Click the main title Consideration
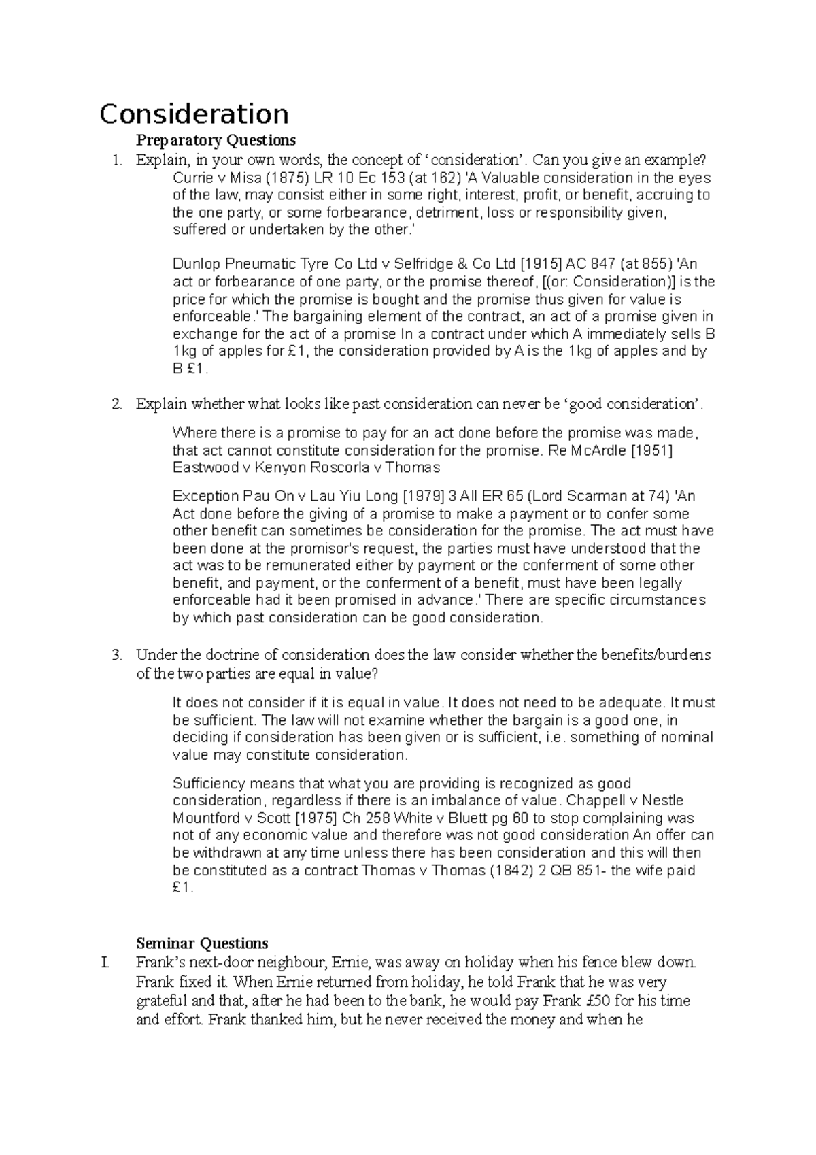pyautogui.click(x=194, y=114)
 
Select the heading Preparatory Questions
pyautogui.click(x=216, y=140)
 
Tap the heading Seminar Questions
pyautogui.click(x=202, y=943)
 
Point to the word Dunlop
pyautogui.click(x=194, y=265)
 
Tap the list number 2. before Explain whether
pyautogui.click(x=117, y=404)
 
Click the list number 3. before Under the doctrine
pyautogui.click(x=117, y=655)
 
